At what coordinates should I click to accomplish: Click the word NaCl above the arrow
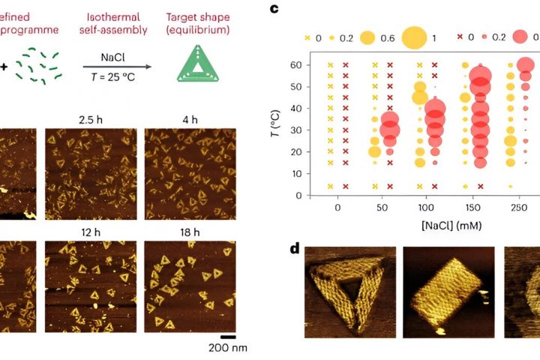pyautogui.click(x=113, y=57)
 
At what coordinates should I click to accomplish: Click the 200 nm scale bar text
pyautogui.click(x=226, y=348)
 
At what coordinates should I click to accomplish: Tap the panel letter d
pyautogui.click(x=295, y=247)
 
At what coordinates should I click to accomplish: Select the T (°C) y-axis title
pyautogui.click(x=292, y=119)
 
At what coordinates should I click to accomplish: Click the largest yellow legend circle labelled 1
pyautogui.click(x=413, y=37)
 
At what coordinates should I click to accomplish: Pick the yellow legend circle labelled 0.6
pyautogui.click(x=368, y=37)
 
